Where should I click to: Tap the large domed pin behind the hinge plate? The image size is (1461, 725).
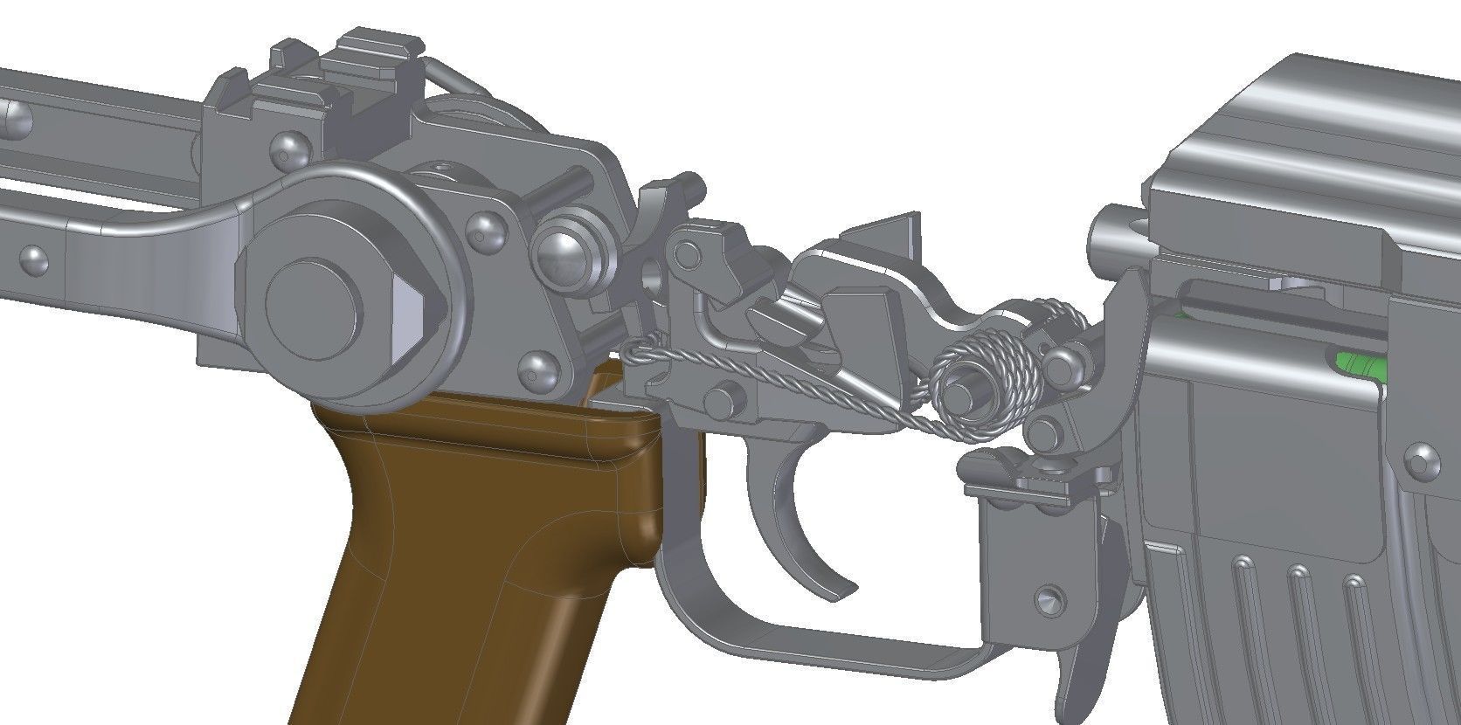(564, 253)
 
